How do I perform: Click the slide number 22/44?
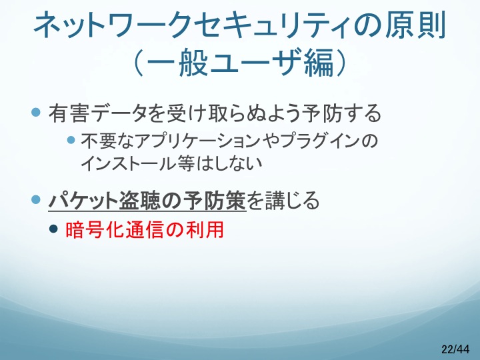coord(455,349)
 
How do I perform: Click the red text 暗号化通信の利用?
coord(145,229)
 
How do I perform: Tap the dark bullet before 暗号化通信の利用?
coord(53,229)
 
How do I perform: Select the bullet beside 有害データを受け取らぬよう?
coord(36,112)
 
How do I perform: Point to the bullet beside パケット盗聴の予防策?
coord(36,199)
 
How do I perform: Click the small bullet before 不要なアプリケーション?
coord(71,140)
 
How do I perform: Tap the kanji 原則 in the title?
coord(415,25)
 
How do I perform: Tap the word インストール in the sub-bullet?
coord(128,163)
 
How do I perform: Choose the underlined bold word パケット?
coord(83,201)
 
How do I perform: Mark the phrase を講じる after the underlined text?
coord(283,201)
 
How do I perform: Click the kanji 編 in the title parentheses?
coord(319,63)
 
